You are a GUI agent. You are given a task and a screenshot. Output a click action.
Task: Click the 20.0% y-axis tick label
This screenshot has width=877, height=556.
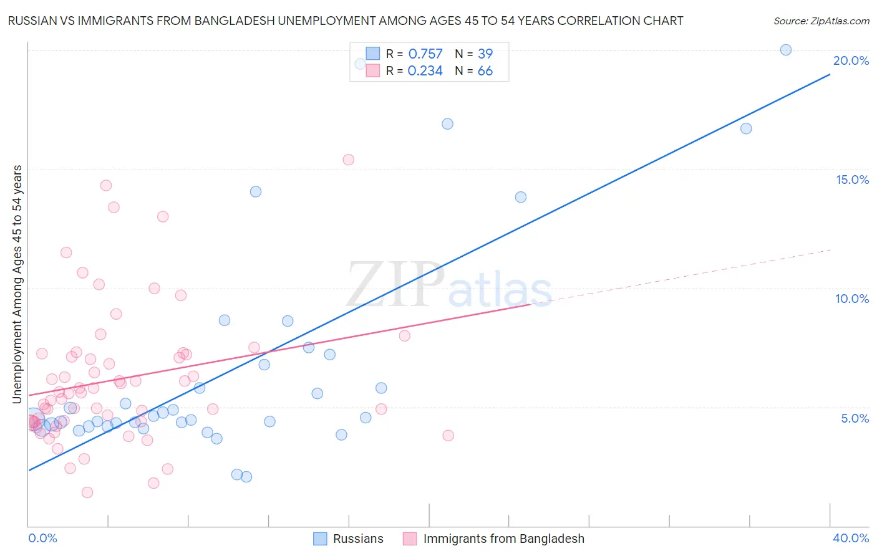click(851, 60)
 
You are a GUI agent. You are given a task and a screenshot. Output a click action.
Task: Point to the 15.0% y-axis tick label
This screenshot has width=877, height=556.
click(852, 180)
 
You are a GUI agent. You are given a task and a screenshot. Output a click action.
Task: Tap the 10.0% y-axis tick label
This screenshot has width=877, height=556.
click(852, 299)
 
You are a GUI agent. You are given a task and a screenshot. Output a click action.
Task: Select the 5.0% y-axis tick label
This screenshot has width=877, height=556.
click(855, 418)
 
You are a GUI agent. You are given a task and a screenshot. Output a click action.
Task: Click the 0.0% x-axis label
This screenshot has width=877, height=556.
click(42, 538)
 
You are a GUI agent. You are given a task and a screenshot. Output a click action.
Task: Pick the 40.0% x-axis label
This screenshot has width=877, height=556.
click(850, 538)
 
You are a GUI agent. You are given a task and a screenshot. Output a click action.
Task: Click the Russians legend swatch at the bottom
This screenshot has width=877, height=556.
click(320, 539)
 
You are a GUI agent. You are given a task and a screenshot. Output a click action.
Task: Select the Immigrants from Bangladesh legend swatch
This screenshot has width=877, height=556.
click(410, 539)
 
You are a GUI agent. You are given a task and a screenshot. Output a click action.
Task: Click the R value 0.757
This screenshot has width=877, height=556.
click(425, 54)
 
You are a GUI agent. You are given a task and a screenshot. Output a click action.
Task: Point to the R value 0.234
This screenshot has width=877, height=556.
click(425, 71)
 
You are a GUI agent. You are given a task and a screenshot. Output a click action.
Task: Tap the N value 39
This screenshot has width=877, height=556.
click(485, 54)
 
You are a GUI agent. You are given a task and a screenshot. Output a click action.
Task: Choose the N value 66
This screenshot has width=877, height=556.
click(485, 71)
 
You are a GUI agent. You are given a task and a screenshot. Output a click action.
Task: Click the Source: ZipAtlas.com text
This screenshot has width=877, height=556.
click(821, 21)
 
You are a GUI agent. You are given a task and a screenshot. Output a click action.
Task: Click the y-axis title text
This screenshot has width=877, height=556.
click(17, 284)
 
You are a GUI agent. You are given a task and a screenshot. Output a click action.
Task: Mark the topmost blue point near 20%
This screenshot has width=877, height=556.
click(786, 50)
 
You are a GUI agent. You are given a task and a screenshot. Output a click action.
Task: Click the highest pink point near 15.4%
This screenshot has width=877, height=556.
click(348, 160)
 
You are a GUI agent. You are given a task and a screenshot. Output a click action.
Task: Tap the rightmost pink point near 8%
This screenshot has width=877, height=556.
click(404, 336)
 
